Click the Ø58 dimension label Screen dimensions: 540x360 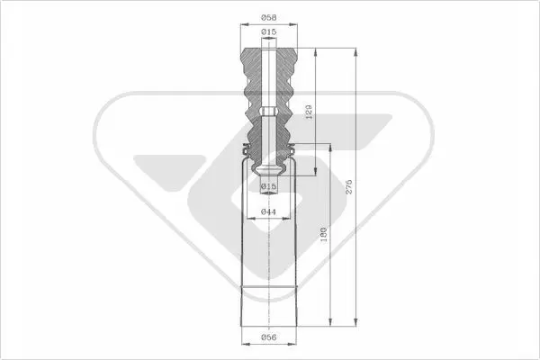268,17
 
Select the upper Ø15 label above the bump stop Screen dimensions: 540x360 268,32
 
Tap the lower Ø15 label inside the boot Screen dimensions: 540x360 268,186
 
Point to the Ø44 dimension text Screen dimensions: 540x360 268,211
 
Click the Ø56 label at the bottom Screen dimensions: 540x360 268,337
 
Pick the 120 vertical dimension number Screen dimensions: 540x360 309,112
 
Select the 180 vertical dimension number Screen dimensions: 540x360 324,234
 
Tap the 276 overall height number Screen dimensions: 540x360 349,186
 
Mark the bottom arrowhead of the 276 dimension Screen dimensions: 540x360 355,322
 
